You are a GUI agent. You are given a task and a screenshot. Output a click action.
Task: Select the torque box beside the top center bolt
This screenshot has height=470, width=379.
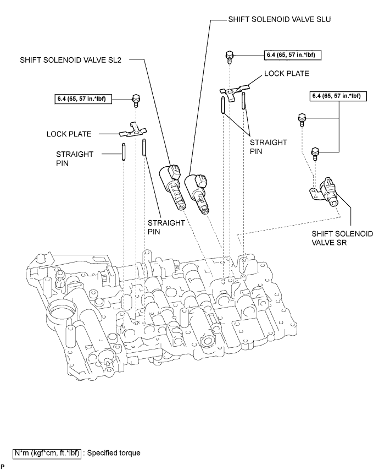pos(294,55)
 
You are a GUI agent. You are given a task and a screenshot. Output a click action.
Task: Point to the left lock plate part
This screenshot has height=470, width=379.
pos(135,130)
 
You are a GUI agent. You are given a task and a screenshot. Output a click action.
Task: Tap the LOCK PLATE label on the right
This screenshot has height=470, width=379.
pos(286,73)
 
